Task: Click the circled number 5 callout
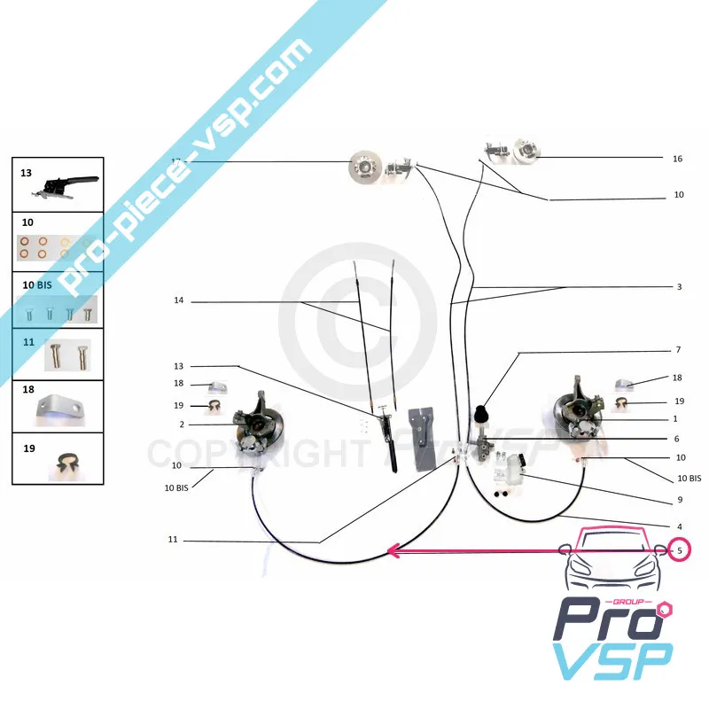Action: click(x=680, y=550)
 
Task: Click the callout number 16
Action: click(x=677, y=159)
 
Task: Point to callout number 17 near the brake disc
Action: click(x=175, y=160)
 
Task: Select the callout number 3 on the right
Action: click(x=678, y=287)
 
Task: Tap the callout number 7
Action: click(x=678, y=350)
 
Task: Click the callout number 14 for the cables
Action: click(x=178, y=301)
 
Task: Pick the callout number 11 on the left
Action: click(x=173, y=540)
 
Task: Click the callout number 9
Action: click(x=678, y=500)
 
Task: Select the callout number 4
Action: click(x=678, y=526)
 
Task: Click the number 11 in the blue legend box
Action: click(x=28, y=340)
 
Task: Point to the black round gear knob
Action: click(x=486, y=414)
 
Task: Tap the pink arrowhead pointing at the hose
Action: click(x=393, y=551)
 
